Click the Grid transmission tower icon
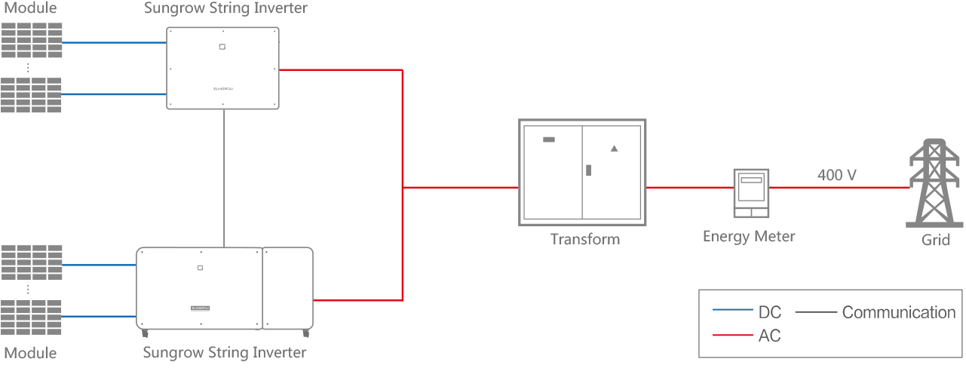935,184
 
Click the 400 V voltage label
836,175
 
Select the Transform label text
584,240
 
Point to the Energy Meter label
749,237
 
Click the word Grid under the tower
935,240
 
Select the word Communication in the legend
898,312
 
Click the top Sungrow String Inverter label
225,9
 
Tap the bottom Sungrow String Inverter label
225,352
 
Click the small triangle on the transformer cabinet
614,149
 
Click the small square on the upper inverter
222,47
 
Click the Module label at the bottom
30,353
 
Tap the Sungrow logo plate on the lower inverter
200,308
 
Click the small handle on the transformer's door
588,170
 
